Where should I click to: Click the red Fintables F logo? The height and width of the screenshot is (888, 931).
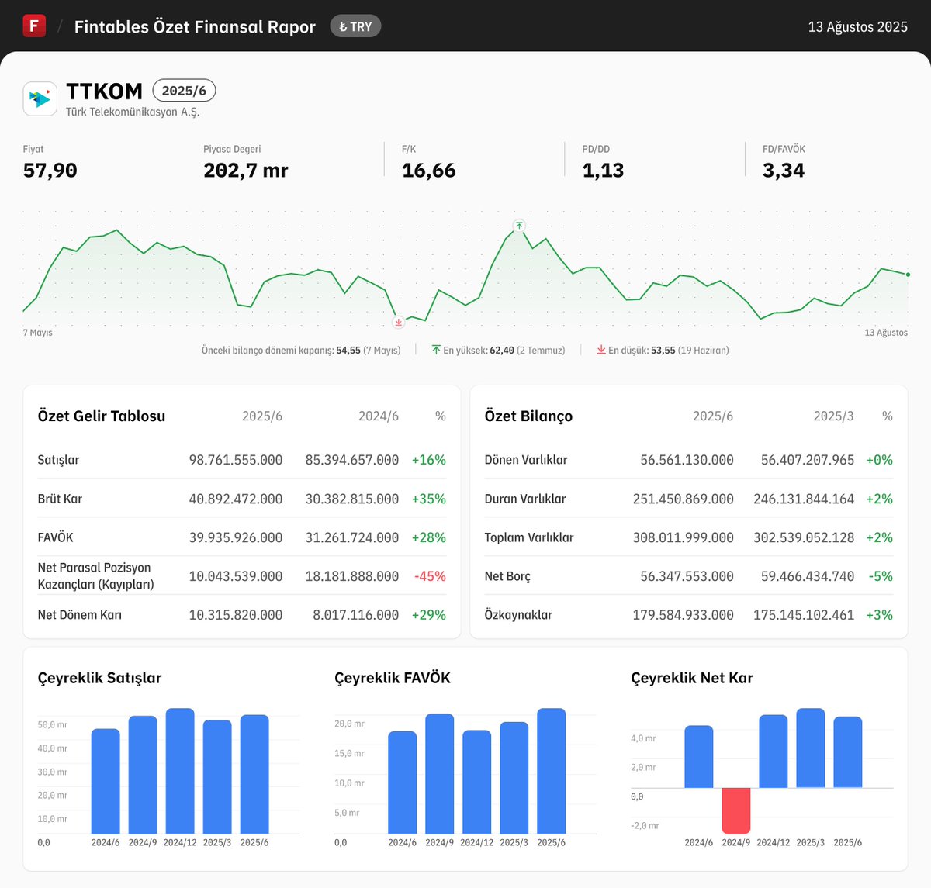tap(34, 26)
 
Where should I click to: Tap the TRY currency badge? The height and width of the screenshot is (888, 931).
tap(355, 26)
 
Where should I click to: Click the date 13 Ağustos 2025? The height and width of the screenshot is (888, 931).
tap(857, 27)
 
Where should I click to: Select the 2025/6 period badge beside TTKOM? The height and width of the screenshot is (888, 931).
tap(184, 91)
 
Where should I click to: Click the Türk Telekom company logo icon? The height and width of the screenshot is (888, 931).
tap(40, 98)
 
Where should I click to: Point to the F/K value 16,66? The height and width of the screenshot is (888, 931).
tap(428, 171)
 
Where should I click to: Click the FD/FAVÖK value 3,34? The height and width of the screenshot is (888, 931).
tap(783, 171)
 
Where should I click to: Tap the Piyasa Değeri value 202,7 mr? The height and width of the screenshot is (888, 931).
tap(245, 171)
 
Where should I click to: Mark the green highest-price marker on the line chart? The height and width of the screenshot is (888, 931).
tap(519, 226)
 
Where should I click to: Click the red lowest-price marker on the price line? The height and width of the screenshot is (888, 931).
tap(399, 322)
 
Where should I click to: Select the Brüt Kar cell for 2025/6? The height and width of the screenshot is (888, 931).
tap(236, 499)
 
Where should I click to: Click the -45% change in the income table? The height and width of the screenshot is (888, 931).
tap(430, 576)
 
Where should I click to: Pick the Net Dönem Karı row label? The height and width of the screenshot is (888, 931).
tap(80, 615)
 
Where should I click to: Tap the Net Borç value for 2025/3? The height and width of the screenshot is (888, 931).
tap(803, 576)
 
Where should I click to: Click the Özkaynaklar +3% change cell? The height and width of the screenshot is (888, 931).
tap(879, 615)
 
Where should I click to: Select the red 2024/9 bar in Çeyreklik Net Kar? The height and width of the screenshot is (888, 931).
tap(735, 810)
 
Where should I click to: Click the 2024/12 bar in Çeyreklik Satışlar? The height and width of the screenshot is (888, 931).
tap(180, 771)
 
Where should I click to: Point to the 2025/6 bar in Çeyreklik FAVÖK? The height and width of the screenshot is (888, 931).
tap(551, 771)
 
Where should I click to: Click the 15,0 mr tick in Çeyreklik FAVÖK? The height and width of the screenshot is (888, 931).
tap(349, 753)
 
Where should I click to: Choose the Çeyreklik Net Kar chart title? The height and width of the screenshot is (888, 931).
tap(692, 678)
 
